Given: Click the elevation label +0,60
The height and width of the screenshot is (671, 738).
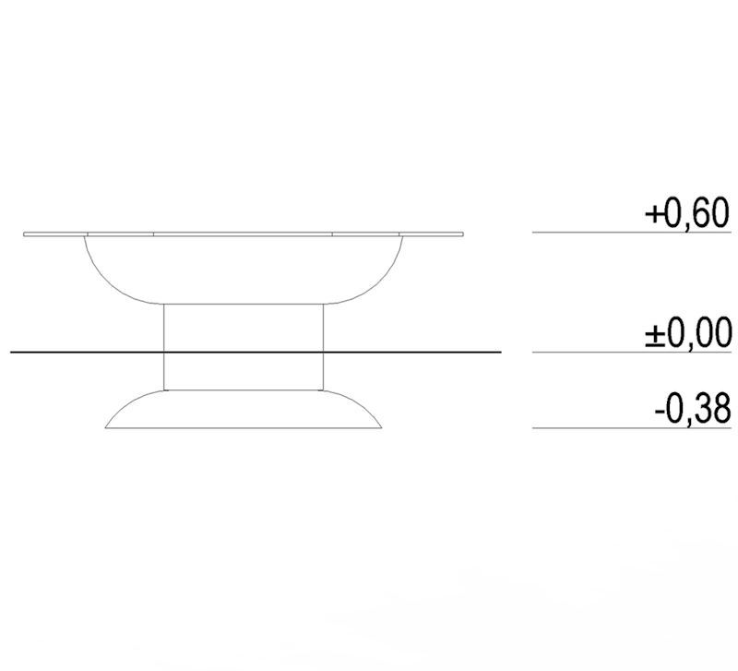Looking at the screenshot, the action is click(x=687, y=214).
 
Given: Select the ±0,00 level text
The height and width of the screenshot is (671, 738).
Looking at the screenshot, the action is click(x=688, y=332).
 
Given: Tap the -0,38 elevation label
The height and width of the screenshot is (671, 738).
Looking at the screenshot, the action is click(x=693, y=409).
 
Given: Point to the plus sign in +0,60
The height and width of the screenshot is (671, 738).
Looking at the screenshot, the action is click(x=653, y=216).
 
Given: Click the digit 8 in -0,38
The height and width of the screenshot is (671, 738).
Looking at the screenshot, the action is click(x=720, y=408).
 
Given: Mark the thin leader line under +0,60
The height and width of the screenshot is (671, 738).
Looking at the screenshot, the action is click(x=632, y=233).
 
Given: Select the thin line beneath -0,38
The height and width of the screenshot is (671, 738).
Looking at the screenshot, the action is click(x=632, y=428).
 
